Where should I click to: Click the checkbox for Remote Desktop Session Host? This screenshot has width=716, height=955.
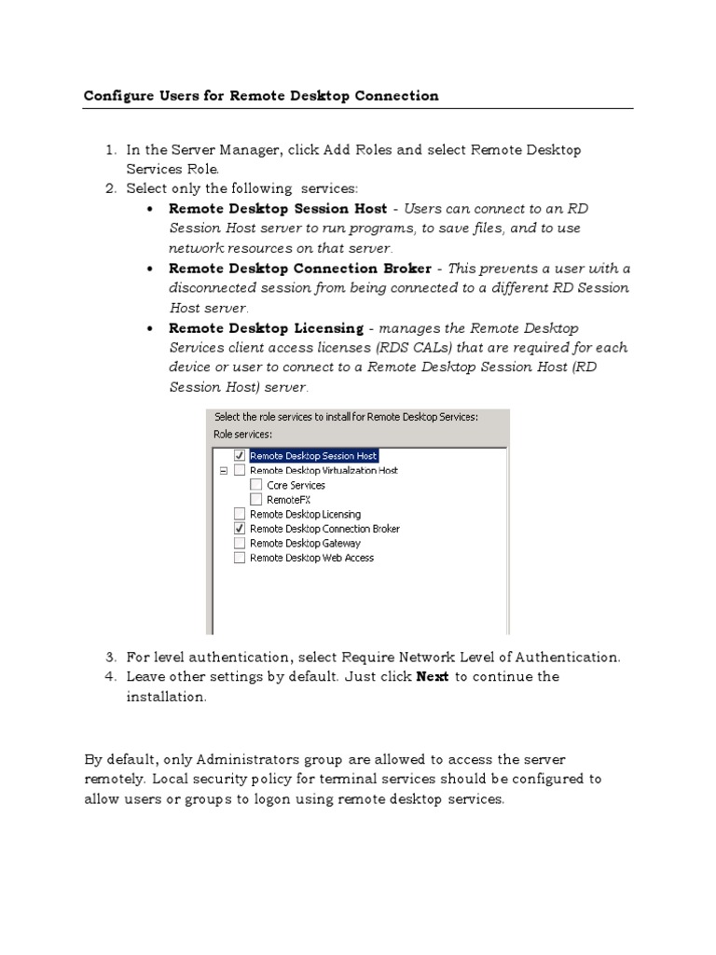(x=240, y=455)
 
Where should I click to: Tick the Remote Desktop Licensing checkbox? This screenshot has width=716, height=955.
(x=240, y=514)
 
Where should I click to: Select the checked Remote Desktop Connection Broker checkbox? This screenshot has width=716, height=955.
(x=240, y=529)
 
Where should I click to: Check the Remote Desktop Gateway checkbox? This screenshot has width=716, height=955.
(x=240, y=543)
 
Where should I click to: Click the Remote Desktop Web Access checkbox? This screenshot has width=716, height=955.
(x=240, y=558)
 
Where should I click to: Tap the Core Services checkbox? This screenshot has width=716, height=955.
(x=256, y=485)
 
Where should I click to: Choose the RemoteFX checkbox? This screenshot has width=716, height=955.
(x=256, y=500)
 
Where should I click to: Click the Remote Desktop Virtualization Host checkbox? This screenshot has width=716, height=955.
(x=240, y=471)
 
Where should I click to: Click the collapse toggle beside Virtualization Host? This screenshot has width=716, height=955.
(x=223, y=471)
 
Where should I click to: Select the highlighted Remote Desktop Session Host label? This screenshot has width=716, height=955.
(x=313, y=456)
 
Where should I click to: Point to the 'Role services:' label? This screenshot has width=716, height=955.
(x=243, y=434)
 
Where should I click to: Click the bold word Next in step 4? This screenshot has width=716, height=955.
(x=433, y=676)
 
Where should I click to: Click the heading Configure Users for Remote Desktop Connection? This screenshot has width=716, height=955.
(x=261, y=95)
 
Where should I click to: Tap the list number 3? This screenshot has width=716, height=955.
(x=109, y=657)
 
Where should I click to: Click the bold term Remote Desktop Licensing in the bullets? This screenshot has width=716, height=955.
(x=266, y=328)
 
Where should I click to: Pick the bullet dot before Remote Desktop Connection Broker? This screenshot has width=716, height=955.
(x=151, y=269)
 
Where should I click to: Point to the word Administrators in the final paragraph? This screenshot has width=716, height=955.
(x=223, y=759)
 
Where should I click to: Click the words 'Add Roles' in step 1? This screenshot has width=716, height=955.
(x=359, y=149)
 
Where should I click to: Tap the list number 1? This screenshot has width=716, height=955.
(x=109, y=149)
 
